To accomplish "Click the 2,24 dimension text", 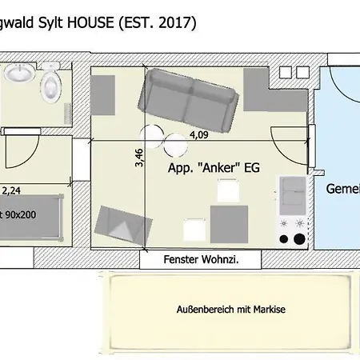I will [11, 191].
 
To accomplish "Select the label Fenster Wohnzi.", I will [201, 260].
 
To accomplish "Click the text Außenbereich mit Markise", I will [231, 309].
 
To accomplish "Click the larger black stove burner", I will [299, 238].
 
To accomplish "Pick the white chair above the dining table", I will [229, 190].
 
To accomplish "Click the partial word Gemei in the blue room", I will [342, 190].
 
